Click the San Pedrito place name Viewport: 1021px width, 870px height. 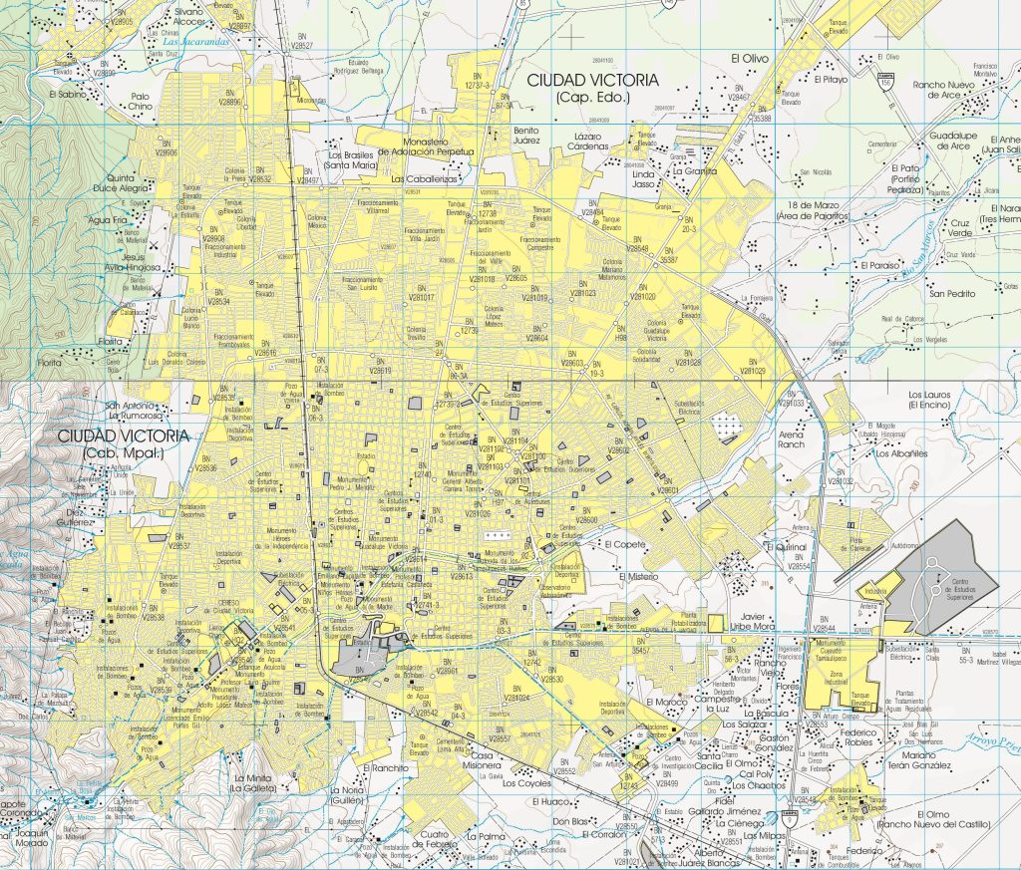952,294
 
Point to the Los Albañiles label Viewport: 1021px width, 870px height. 901,453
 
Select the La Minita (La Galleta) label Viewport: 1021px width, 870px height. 254,783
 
